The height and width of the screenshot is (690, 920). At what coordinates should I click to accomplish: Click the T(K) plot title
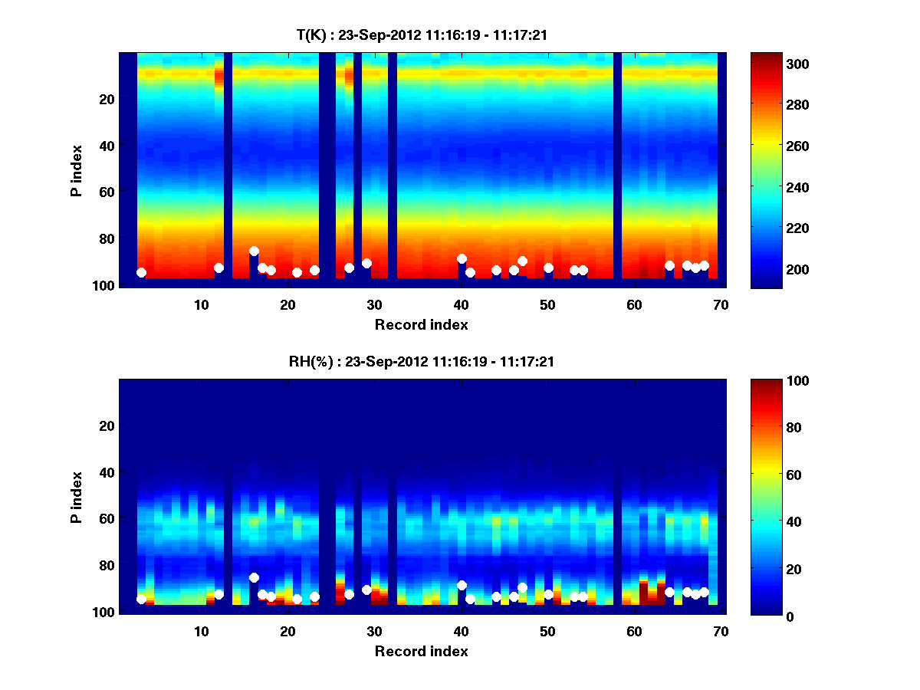pyautogui.click(x=422, y=34)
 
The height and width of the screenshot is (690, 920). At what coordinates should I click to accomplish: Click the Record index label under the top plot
pyautogui.click(x=421, y=324)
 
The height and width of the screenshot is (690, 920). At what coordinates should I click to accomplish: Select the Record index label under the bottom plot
pyautogui.click(x=421, y=651)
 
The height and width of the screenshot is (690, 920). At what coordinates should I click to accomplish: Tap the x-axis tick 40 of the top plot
pyautogui.click(x=461, y=304)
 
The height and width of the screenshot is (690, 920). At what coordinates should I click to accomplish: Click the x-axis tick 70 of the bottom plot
pyautogui.click(x=721, y=631)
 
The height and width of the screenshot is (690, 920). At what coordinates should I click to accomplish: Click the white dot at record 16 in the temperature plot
pyautogui.click(x=254, y=251)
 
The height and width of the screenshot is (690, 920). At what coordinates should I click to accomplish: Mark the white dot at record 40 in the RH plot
pyautogui.click(x=462, y=585)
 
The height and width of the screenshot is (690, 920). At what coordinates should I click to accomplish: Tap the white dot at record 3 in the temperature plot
pyautogui.click(x=141, y=272)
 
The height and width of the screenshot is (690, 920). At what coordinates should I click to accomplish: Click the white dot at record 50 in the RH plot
pyautogui.click(x=548, y=594)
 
